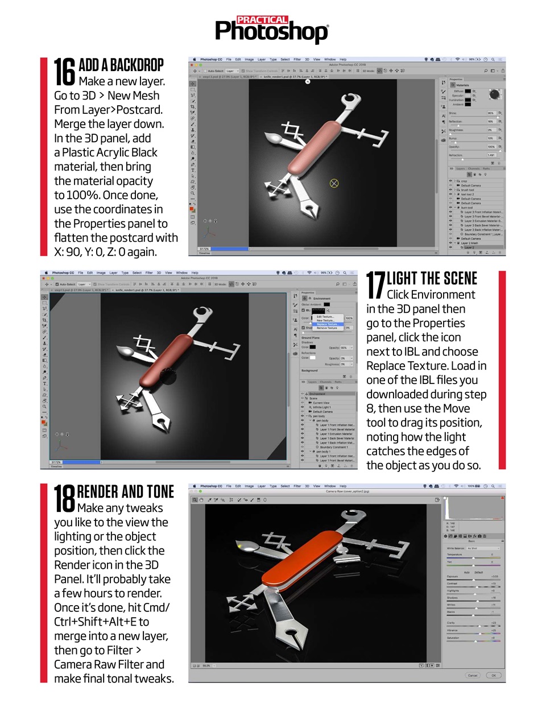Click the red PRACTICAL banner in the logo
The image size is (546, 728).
click(262, 20)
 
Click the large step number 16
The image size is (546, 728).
click(65, 72)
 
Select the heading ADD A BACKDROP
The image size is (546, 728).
click(121, 65)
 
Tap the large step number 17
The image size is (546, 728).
click(375, 285)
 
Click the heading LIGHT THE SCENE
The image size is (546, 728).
click(432, 279)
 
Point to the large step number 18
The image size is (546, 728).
click(64, 498)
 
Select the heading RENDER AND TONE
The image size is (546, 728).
click(125, 491)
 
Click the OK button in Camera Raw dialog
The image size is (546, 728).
click(493, 675)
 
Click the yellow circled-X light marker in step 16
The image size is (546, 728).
click(334, 183)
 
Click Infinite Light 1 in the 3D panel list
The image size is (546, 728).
click(322, 407)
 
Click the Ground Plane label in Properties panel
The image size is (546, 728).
click(310, 338)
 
